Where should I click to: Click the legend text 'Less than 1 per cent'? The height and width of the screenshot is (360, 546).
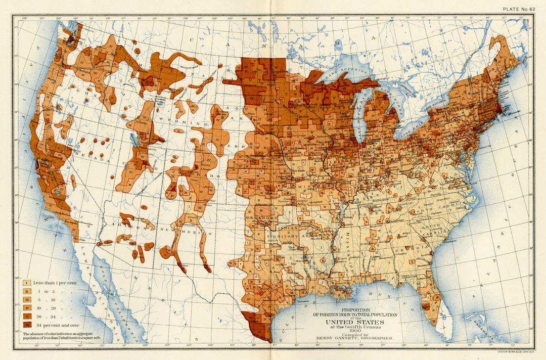[x=55, y=283]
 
